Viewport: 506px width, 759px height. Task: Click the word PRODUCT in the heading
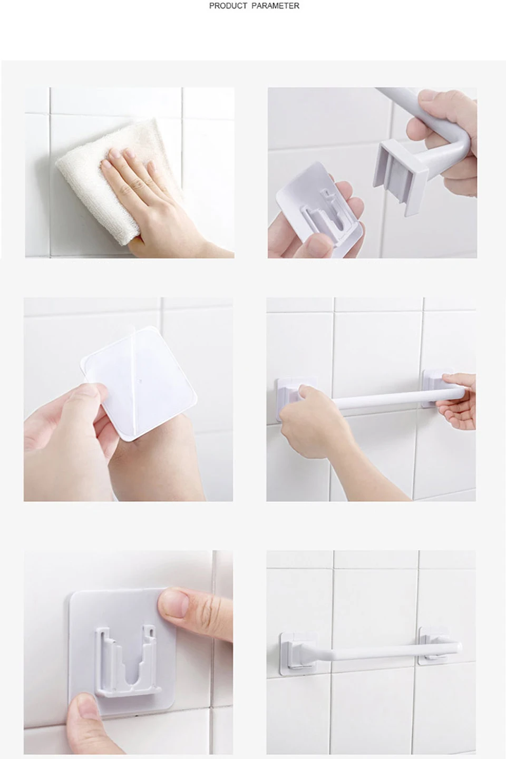(x=228, y=6)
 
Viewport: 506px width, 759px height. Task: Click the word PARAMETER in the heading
(x=276, y=6)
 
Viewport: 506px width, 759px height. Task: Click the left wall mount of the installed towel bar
(x=298, y=653)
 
